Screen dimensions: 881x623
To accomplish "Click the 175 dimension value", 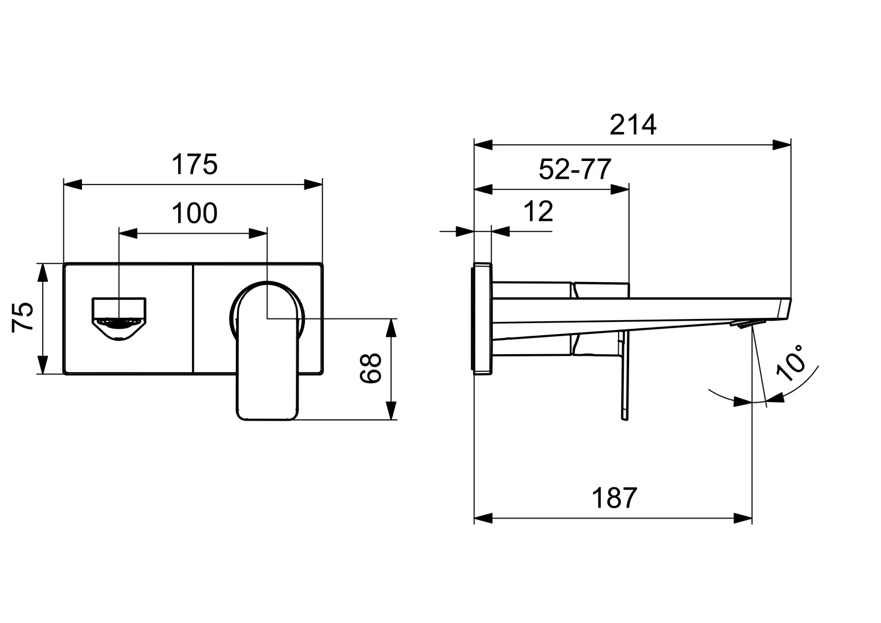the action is point(195,164).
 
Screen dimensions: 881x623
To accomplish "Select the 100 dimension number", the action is point(194,213).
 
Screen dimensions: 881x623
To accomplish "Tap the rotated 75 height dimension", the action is point(22,318).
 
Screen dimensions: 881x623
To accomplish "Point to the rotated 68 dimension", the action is point(371,368).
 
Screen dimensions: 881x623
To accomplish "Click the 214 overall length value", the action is point(633,125).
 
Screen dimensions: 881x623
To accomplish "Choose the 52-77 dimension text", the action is point(575,169).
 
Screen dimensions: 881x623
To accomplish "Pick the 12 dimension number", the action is point(539,211).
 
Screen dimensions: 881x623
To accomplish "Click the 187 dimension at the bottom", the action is point(615,498).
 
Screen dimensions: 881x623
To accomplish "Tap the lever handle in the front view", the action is point(267,350).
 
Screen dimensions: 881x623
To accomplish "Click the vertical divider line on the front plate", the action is point(194,318).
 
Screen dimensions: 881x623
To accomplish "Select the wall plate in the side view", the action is point(482,318).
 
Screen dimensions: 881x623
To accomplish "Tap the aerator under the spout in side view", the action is point(748,324).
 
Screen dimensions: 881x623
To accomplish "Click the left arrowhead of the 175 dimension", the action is point(73,184).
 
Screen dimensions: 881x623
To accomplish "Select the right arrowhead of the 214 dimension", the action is point(781,144).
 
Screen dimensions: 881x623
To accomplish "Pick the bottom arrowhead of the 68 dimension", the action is point(390,411).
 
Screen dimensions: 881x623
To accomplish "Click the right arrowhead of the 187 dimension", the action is point(743,519).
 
